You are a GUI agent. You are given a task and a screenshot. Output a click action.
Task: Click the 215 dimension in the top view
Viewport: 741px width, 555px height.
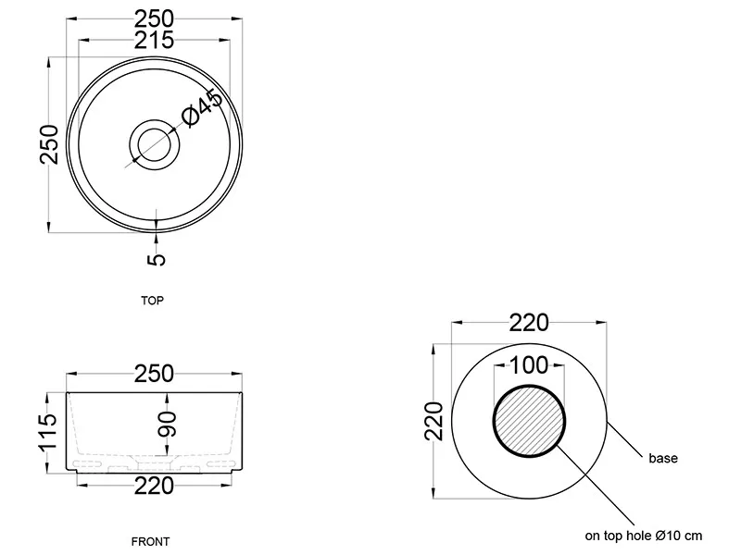[154, 41]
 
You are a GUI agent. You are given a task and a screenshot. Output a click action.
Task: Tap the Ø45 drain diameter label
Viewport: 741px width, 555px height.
[202, 108]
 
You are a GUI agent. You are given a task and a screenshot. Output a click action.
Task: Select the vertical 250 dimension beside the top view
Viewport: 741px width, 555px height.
[49, 144]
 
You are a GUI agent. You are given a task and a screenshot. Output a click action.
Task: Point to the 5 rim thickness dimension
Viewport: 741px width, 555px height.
[157, 259]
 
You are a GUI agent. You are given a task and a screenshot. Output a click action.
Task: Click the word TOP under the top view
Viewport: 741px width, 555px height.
[152, 301]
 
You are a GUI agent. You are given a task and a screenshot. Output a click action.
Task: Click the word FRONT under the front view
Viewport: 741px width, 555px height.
[150, 541]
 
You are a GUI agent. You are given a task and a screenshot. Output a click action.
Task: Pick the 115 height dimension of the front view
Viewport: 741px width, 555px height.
[49, 433]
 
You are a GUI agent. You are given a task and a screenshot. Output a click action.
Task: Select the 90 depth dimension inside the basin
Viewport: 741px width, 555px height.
[168, 424]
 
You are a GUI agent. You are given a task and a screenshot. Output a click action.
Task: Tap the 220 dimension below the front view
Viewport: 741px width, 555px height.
[154, 487]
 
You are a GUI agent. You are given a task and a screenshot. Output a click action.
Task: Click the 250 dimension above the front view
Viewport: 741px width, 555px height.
[154, 374]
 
